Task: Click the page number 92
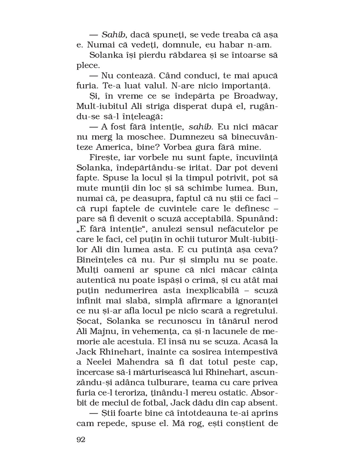[81, 439]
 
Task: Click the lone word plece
[88, 65]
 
